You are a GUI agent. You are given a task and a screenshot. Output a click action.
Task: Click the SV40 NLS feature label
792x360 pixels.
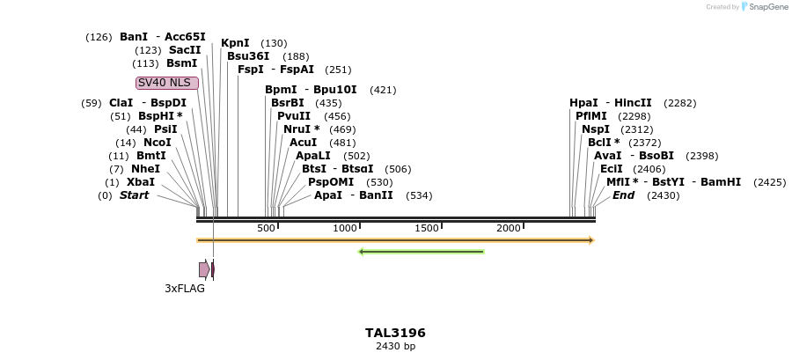(x=167, y=83)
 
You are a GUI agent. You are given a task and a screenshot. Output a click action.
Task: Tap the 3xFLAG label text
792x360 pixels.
(x=185, y=288)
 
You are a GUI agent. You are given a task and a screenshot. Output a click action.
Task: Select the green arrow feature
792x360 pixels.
(x=422, y=252)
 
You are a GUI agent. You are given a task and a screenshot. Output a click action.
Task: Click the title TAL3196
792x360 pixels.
(x=395, y=333)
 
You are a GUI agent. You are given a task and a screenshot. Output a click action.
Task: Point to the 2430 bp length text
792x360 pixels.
(x=395, y=346)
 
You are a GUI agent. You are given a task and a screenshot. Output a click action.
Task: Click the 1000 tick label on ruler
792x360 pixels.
(x=345, y=229)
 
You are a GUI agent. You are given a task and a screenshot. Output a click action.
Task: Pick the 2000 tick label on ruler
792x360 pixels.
(x=509, y=229)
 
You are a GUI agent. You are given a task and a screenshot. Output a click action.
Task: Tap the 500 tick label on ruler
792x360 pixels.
(x=267, y=229)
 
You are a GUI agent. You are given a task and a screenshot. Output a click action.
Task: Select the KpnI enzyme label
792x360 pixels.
(x=235, y=43)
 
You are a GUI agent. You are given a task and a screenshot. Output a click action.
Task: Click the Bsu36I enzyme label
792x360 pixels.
(x=248, y=56)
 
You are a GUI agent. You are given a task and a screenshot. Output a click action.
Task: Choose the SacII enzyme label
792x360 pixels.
(x=185, y=50)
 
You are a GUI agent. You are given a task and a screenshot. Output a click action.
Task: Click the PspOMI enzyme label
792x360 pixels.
(x=331, y=182)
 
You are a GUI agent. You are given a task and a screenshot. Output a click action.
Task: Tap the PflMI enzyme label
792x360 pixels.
(x=591, y=116)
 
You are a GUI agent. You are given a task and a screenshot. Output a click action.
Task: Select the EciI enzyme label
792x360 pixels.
(x=612, y=169)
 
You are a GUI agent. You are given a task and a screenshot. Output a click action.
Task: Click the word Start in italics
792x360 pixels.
(x=135, y=195)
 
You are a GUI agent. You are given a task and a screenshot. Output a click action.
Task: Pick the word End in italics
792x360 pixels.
(x=623, y=195)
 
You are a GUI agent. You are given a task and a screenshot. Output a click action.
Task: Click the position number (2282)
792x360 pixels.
(x=679, y=103)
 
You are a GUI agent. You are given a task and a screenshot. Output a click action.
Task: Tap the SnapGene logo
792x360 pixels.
(x=766, y=7)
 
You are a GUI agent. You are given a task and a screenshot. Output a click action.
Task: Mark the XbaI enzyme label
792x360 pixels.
(x=141, y=182)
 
